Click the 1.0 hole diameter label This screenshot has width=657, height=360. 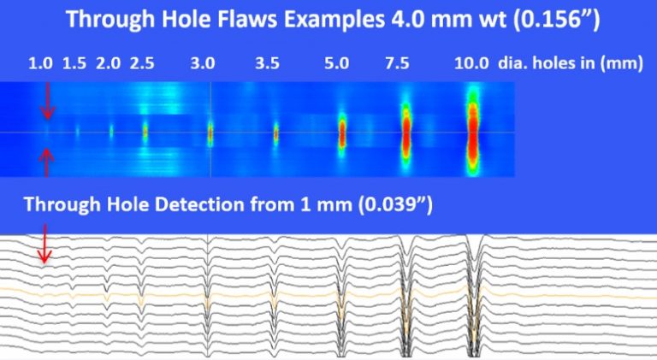coord(40,63)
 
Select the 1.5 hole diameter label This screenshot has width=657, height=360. coord(74,63)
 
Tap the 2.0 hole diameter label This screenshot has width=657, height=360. coord(109,63)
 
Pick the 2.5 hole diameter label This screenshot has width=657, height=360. coord(142,63)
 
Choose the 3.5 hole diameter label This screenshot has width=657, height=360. coord(267,63)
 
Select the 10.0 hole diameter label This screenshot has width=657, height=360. coord(471,63)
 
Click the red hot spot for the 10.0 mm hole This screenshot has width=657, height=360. coord(471,133)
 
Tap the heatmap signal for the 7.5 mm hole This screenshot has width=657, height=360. coord(405,133)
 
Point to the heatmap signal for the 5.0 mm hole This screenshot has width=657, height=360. coord(342,133)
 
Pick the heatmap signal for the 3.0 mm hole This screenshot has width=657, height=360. coord(210,133)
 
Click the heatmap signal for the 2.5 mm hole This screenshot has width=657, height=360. coord(144,133)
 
